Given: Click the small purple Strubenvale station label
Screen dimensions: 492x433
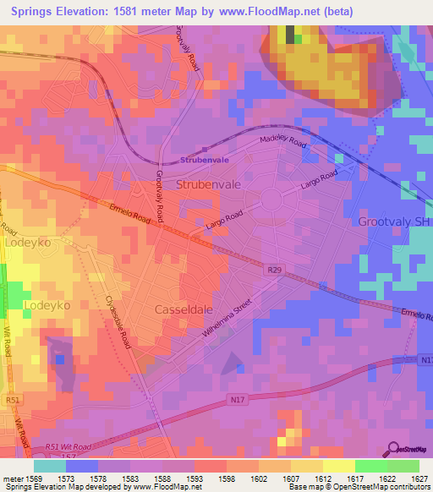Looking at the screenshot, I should [x=205, y=161].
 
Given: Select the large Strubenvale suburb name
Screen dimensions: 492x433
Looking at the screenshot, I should [x=210, y=183].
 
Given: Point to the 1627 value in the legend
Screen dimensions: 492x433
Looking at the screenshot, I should [x=419, y=479].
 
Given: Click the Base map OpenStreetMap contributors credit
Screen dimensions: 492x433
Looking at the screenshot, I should [x=359, y=488].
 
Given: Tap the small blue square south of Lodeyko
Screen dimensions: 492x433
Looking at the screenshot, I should [x=59, y=359].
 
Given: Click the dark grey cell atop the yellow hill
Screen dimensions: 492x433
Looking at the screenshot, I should [x=291, y=35].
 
